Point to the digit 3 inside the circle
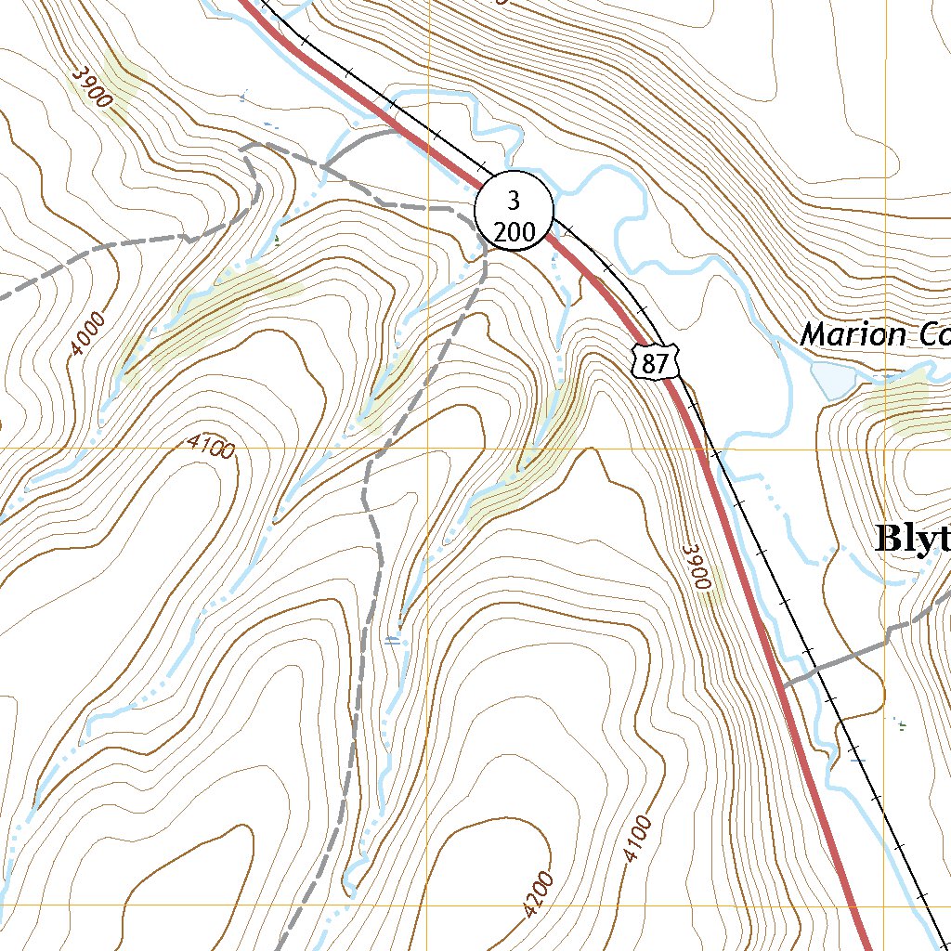pyautogui.click(x=514, y=199)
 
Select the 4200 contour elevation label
pyautogui.click(x=538, y=893)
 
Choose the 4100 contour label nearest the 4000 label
pyautogui.click(x=211, y=446)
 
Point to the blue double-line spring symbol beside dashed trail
pyautogui.click(x=394, y=639)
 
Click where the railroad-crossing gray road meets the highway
pyautogui.click(x=782, y=685)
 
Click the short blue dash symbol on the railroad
pyautogui.click(x=857, y=761)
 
